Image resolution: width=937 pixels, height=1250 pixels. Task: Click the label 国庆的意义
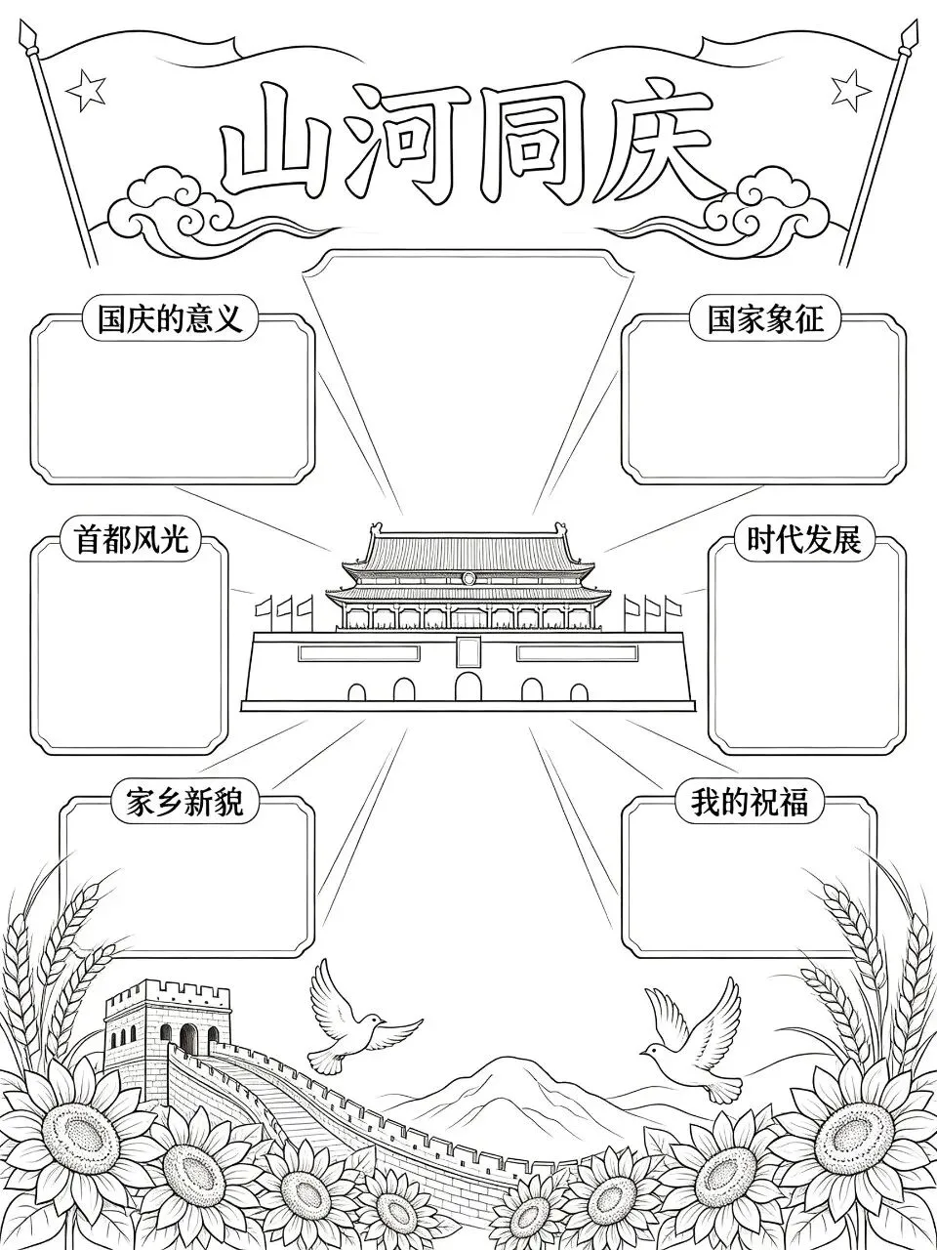click(171, 318)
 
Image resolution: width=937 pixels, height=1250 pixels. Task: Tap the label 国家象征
click(766, 318)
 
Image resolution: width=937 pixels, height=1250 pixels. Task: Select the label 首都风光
click(132, 538)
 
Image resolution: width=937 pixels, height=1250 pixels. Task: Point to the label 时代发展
click(804, 538)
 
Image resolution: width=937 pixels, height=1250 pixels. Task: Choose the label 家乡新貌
click(184, 801)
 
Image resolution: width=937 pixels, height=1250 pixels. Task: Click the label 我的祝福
click(750, 801)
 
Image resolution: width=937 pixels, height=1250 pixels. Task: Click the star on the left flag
click(86, 91)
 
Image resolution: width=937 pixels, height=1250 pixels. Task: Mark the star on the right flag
click(851, 89)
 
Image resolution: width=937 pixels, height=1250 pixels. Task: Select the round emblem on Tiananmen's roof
click(468, 578)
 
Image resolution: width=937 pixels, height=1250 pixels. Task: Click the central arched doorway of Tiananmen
click(468, 686)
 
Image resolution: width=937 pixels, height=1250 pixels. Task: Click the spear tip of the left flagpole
click(26, 37)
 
